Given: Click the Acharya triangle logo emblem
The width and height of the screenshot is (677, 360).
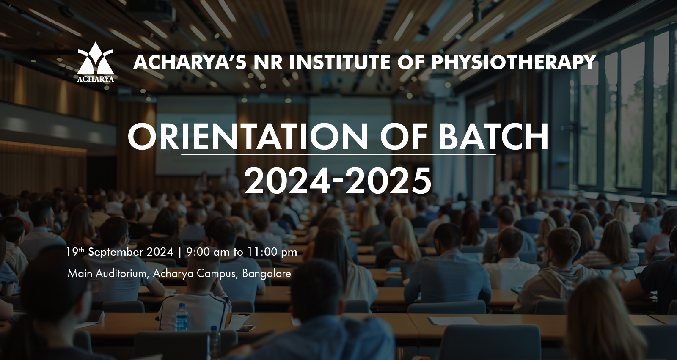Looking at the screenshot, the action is click(96, 58).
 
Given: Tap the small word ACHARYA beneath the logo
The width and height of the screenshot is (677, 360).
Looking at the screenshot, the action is click(96, 79).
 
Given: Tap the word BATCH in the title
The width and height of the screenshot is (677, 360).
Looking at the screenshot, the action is click(493, 137).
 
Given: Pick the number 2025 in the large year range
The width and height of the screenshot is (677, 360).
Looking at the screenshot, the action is click(388, 181).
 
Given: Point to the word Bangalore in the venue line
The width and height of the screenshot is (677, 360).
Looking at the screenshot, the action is click(266, 274).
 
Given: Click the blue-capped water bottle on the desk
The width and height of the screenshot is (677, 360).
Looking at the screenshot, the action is click(182, 317).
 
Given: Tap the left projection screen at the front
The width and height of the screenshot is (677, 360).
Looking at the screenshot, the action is click(196, 136).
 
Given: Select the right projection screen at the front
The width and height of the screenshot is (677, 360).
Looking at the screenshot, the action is click(351, 136).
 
